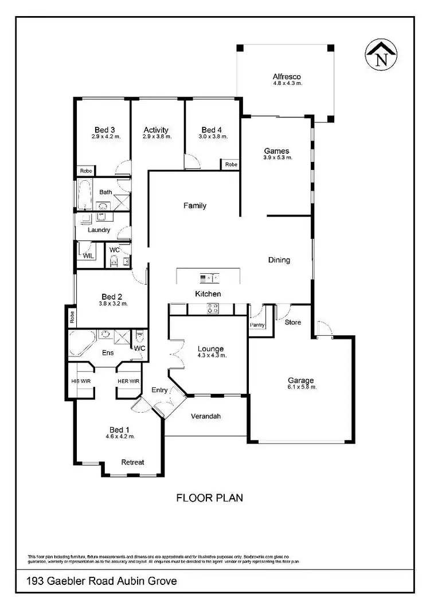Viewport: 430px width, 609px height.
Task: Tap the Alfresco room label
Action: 287,76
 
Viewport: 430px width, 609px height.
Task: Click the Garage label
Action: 300,380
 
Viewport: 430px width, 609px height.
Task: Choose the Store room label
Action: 293,322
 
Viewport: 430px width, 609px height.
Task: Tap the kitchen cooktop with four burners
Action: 212,309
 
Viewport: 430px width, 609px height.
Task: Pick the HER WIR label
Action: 128,381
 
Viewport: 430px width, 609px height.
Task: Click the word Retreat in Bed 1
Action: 132,462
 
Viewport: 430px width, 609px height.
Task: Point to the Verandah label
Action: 206,417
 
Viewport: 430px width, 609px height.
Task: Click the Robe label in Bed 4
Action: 231,165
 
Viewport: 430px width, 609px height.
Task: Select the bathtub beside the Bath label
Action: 85,195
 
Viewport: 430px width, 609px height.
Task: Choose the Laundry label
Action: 99,230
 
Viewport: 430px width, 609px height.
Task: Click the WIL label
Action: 88,256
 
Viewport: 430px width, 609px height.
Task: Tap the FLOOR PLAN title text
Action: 209,498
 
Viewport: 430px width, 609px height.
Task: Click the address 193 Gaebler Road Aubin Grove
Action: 101,581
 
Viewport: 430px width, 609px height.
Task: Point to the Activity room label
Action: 156,130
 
